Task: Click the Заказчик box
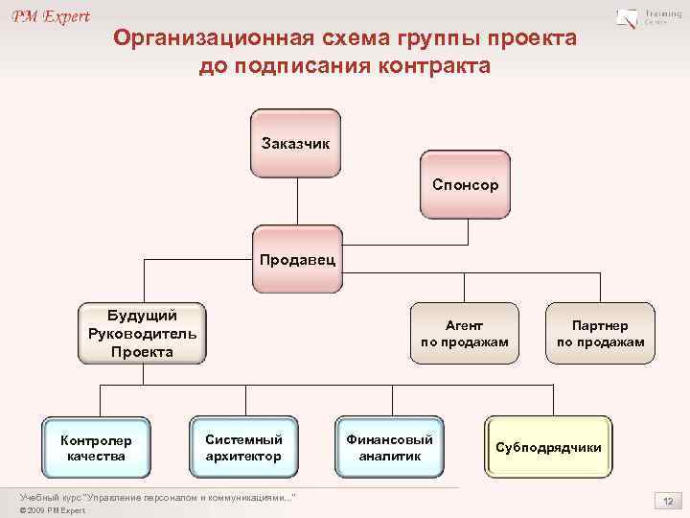click(295, 143)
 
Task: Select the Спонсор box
click(465, 183)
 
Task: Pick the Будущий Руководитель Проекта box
click(142, 334)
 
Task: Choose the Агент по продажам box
click(464, 334)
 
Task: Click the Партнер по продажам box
click(601, 334)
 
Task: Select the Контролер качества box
click(96, 448)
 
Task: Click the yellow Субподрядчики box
click(548, 448)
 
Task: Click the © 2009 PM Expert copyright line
click(53, 510)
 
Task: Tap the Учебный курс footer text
click(158, 497)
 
